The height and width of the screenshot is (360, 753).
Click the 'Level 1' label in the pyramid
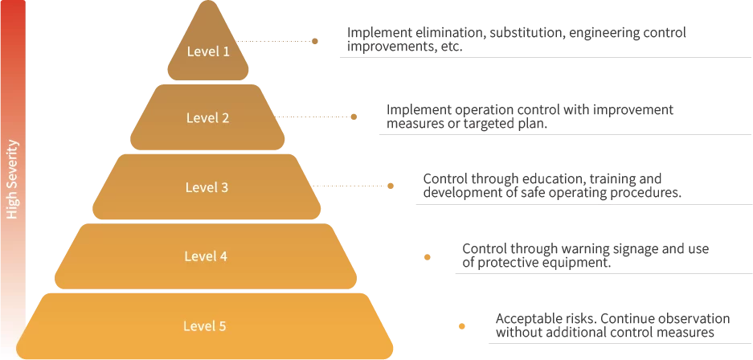click(x=208, y=51)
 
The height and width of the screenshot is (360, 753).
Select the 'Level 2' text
click(x=208, y=117)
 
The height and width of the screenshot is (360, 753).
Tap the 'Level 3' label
click(x=207, y=187)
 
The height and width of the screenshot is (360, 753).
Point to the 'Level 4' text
click(x=207, y=256)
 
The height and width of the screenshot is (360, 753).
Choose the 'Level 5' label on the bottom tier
click(x=205, y=325)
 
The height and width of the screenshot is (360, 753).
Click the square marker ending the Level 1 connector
click(x=315, y=39)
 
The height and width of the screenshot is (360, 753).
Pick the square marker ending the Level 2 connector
click(x=353, y=116)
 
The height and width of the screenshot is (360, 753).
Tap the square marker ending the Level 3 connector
click(x=392, y=186)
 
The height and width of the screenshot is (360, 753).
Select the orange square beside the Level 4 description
click(x=428, y=257)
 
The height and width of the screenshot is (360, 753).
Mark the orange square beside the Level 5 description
click(x=462, y=327)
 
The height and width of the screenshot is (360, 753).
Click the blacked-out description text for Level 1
click(x=514, y=37)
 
